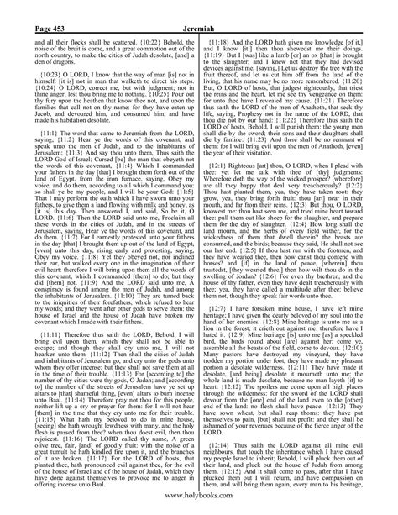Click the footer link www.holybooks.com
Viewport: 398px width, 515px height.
click(198, 501)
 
